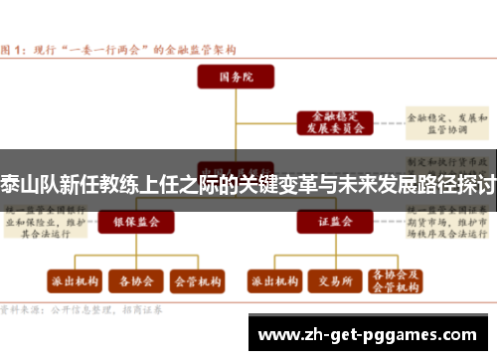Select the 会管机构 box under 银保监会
coord(197,280)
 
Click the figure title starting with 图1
coord(119,49)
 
